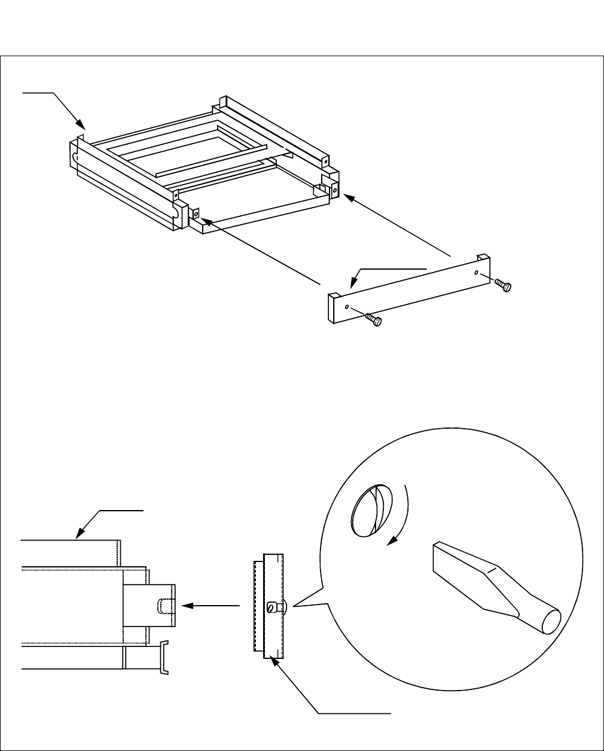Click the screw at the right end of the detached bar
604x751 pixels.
click(505, 286)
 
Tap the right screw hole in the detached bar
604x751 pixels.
click(476, 273)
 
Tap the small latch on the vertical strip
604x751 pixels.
click(274, 607)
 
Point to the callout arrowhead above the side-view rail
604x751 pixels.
click(80, 536)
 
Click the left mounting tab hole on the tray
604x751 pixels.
click(196, 212)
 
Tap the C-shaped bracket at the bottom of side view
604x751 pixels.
click(163, 658)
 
